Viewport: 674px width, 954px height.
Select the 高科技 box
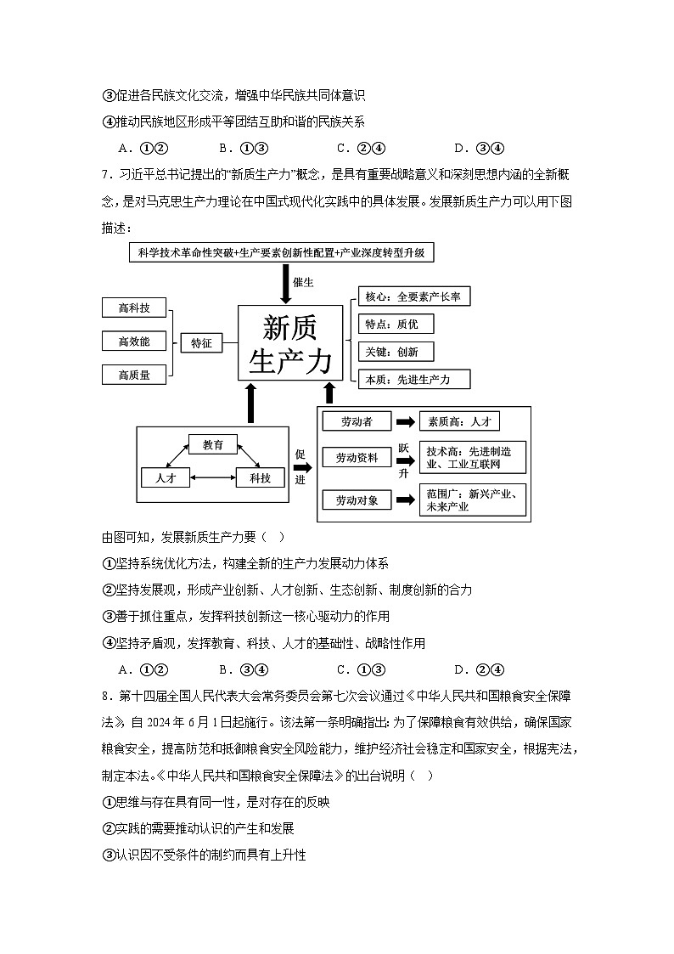134,308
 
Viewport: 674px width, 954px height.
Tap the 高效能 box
134,342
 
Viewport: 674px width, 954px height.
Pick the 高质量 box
134,374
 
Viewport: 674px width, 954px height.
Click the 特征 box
201,342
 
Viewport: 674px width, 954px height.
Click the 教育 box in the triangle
213,444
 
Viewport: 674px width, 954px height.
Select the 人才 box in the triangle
166,477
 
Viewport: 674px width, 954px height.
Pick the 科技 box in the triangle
260,477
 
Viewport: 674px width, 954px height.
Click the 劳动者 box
356,421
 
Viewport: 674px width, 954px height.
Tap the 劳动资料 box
356,458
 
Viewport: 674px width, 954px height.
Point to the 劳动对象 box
356,500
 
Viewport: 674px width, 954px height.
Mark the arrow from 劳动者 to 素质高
405,421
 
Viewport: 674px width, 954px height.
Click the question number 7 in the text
104,175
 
